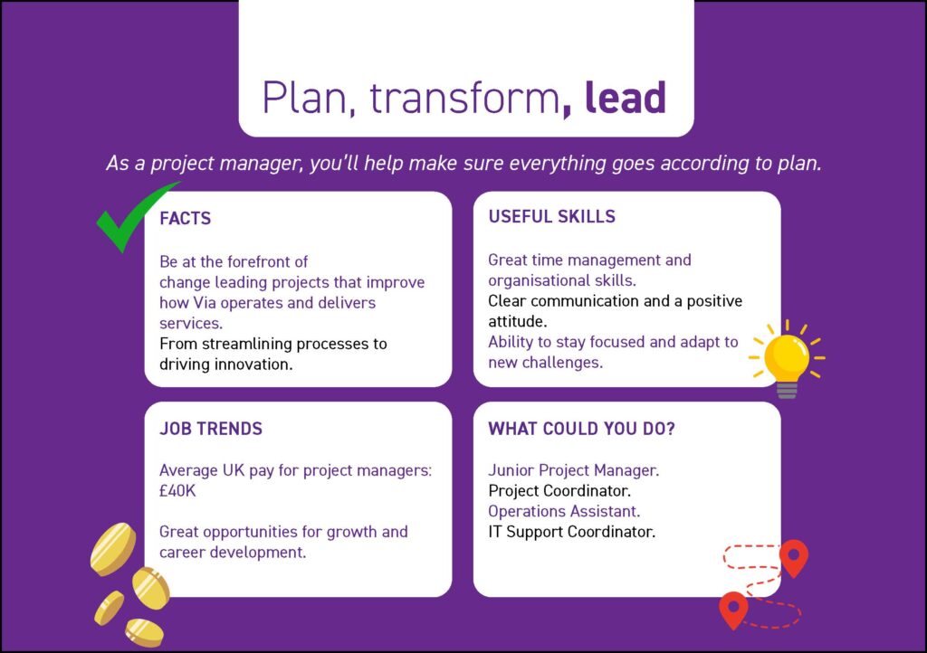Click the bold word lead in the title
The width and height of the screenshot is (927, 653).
(626, 98)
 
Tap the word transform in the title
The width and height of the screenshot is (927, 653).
(464, 98)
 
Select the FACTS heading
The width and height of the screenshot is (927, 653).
(185, 219)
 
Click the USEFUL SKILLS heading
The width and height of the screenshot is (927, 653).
(551, 217)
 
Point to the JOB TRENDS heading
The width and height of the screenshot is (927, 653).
(210, 429)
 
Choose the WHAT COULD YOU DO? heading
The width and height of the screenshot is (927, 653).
(581, 429)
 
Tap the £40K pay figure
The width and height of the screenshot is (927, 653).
(177, 491)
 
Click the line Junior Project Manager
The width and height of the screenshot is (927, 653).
(573, 470)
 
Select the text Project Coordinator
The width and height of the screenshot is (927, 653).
(559, 491)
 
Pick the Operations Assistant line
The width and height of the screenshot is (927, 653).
(564, 511)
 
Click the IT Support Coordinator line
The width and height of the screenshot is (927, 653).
(572, 532)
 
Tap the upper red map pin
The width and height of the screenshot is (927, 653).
(794, 556)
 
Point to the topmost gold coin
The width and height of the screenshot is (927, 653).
(113, 549)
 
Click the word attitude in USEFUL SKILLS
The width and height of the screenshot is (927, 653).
(517, 322)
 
